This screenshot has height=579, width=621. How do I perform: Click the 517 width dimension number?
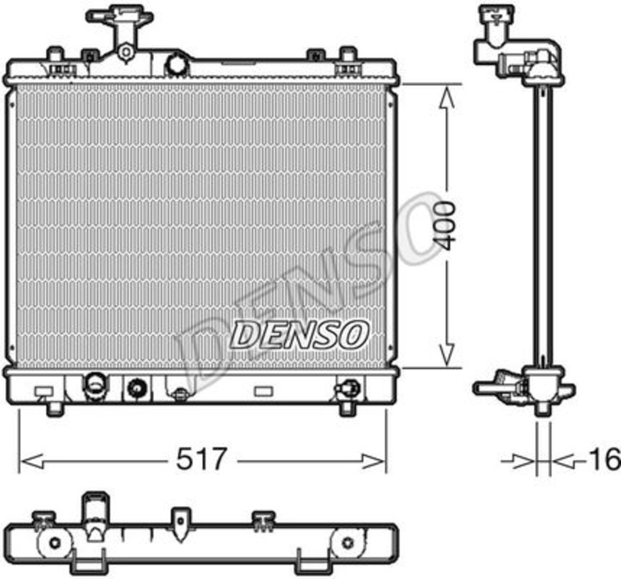(x=201, y=459)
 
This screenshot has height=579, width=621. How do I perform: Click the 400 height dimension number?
(x=444, y=225)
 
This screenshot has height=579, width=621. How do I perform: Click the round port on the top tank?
(x=177, y=65)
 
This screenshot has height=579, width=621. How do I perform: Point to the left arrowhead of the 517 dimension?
(x=31, y=462)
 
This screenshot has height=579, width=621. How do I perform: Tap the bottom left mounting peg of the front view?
(x=55, y=409)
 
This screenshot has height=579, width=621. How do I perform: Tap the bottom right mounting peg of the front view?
(x=347, y=409)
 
